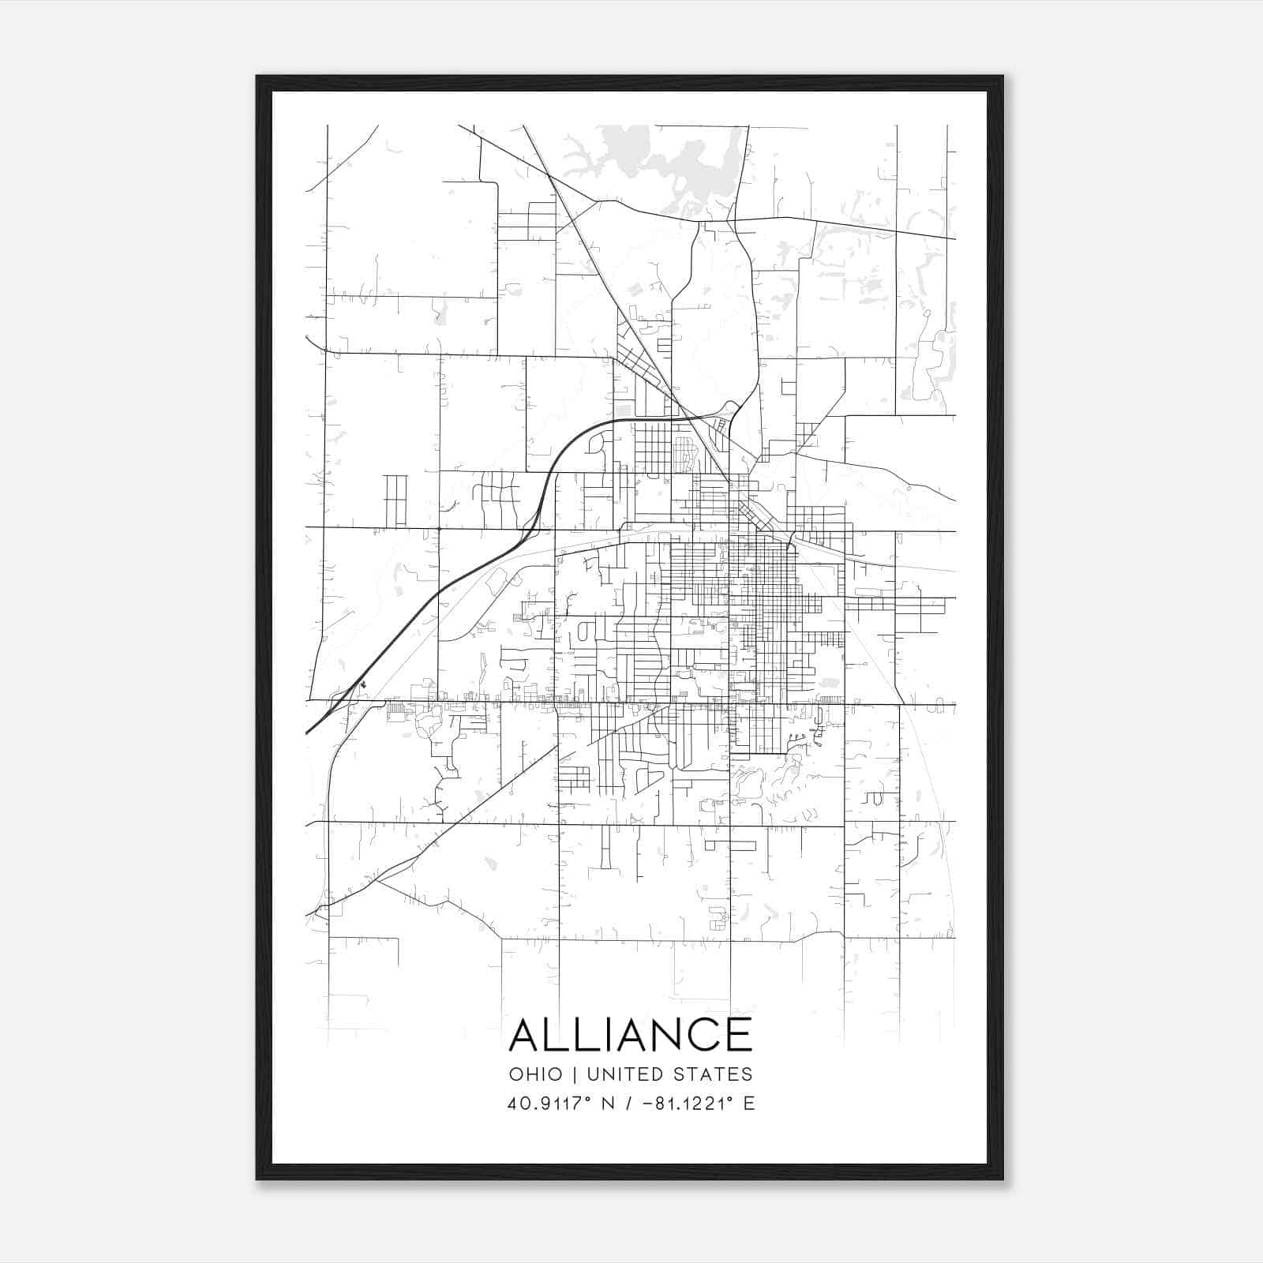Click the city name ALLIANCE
click(631, 1035)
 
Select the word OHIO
click(536, 1074)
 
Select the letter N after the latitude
click(608, 1104)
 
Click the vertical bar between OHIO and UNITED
click(575, 1074)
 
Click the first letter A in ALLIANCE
click(526, 1035)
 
